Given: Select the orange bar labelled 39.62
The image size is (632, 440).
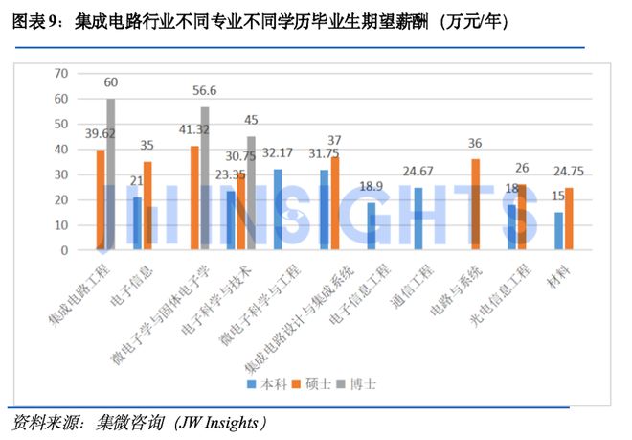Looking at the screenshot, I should (x=101, y=199).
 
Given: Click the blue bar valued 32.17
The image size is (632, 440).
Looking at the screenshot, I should (x=278, y=209).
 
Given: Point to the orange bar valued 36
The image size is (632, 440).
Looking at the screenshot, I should (x=476, y=204).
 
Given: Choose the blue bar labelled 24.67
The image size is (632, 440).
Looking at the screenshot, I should (x=418, y=219).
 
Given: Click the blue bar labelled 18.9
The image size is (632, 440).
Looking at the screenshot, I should (x=371, y=226).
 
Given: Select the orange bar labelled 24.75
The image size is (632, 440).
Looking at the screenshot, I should (x=569, y=219).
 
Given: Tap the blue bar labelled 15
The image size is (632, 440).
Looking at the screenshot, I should (x=558, y=231).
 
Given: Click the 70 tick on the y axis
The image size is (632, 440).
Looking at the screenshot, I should (x=62, y=73).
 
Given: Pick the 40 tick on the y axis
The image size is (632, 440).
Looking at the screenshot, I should (x=62, y=149).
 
